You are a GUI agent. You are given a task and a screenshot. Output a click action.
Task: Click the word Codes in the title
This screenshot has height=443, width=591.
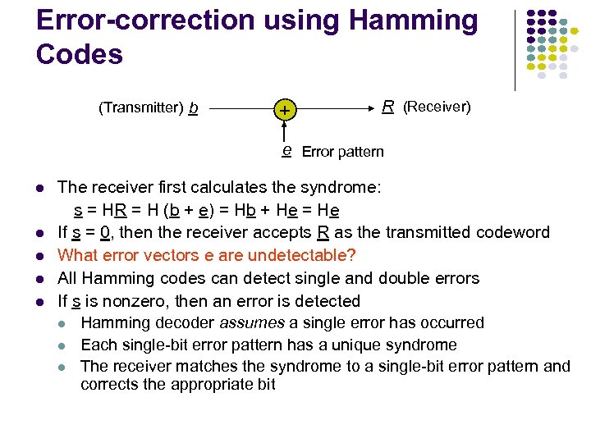[x=80, y=54]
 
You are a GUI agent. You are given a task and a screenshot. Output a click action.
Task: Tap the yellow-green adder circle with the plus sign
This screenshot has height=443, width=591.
[x=285, y=109]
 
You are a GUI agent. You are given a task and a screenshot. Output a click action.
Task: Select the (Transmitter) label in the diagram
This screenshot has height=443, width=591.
[x=140, y=107]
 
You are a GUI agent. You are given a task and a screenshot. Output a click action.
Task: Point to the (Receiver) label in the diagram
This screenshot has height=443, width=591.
[x=437, y=107]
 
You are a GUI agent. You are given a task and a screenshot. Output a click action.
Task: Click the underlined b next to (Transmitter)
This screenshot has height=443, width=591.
[x=193, y=107]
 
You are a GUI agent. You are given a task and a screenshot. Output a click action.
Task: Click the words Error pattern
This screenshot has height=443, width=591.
[x=342, y=152]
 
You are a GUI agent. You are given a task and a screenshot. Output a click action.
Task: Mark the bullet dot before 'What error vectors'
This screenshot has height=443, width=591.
[x=41, y=256]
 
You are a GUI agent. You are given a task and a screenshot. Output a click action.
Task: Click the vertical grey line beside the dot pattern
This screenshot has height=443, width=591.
[x=515, y=49]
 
